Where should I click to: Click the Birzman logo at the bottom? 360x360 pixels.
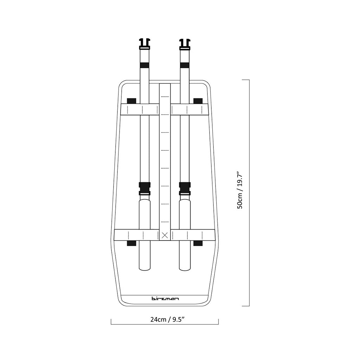click(x=165, y=298)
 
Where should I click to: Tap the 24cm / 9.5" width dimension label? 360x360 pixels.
click(x=168, y=320)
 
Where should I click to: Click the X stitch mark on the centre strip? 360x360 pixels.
click(x=165, y=235)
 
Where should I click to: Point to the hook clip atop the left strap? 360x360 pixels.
click(x=144, y=44)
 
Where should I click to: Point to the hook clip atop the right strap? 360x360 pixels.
click(x=185, y=44)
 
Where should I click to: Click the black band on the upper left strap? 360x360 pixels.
click(x=144, y=65)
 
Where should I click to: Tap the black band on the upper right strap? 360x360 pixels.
click(x=185, y=65)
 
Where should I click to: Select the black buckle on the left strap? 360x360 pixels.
click(x=144, y=188)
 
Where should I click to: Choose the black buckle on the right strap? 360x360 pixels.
click(x=185, y=188)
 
